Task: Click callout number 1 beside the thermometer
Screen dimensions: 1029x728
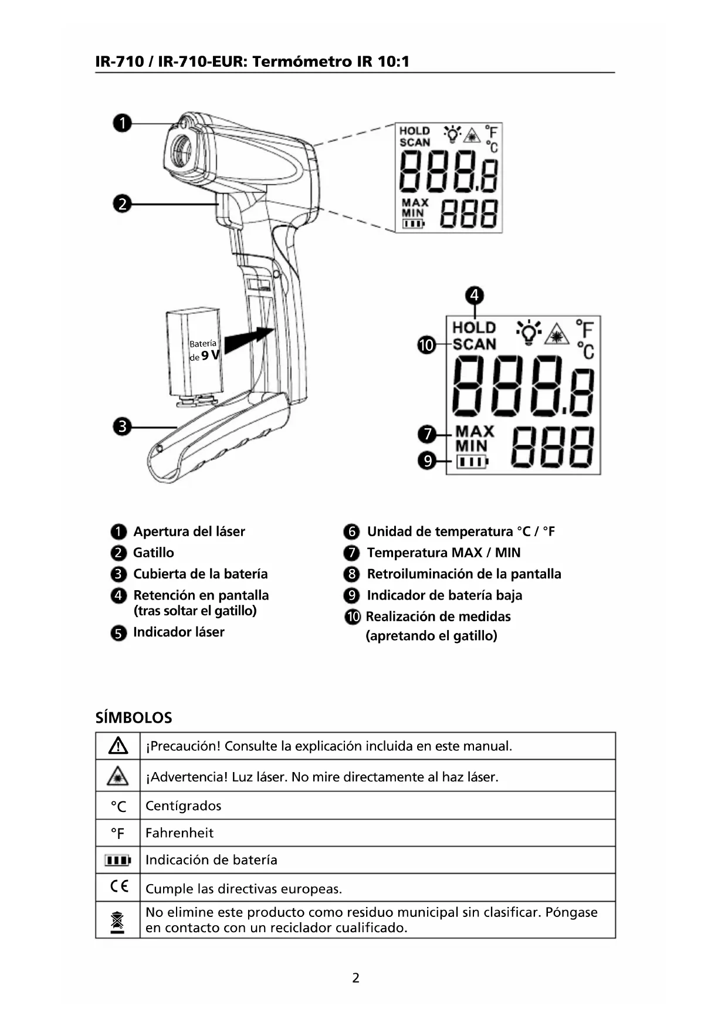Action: point(122,124)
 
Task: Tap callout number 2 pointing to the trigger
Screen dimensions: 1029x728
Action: point(122,204)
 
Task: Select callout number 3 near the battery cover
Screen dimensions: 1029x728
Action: point(122,427)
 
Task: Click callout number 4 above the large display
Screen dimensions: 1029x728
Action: point(474,295)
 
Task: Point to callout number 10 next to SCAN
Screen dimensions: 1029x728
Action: point(426,345)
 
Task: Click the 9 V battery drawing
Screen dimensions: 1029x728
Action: point(194,353)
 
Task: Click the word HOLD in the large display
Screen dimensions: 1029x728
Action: point(474,327)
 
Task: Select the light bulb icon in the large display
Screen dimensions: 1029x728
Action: point(529,332)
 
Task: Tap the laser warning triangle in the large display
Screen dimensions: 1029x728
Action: point(557,334)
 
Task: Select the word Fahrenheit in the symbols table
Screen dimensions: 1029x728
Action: point(180,832)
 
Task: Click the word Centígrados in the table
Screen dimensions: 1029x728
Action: point(183,805)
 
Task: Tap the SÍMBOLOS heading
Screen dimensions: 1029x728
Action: point(134,717)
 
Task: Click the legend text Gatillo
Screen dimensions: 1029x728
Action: point(154,553)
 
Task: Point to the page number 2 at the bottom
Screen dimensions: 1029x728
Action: point(355,977)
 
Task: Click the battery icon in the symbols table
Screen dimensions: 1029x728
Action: point(118,860)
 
